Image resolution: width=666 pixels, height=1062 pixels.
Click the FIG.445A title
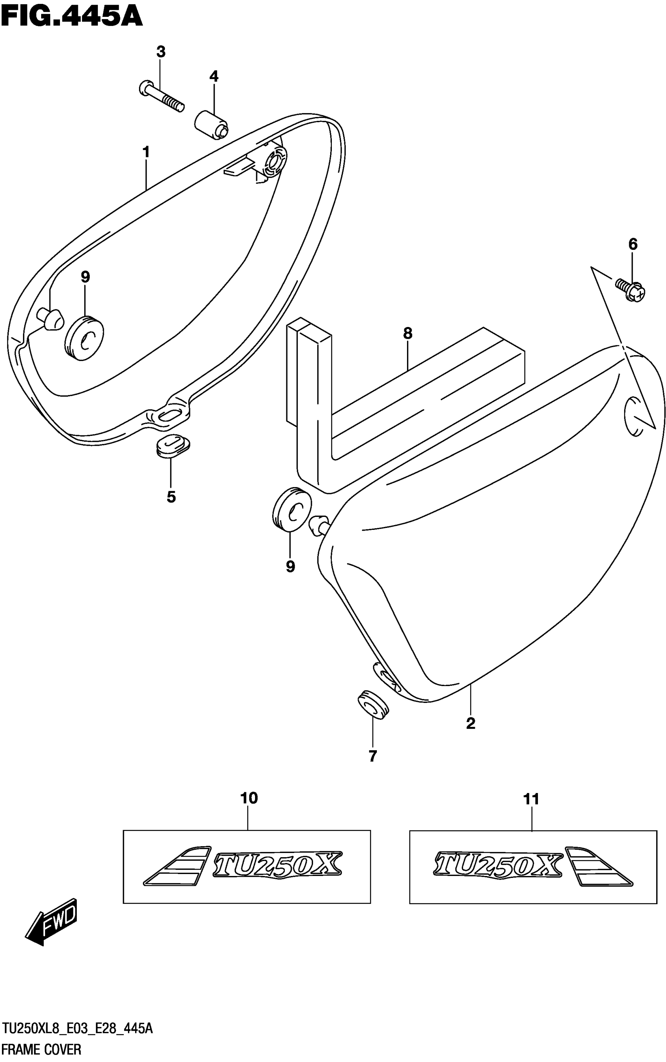point(72,16)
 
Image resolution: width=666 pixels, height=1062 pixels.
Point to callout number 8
point(407,333)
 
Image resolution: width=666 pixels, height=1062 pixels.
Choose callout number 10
point(249,798)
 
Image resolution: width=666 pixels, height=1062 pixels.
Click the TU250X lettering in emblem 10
point(277,864)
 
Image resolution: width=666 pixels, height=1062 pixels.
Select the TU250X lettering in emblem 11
point(498,864)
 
